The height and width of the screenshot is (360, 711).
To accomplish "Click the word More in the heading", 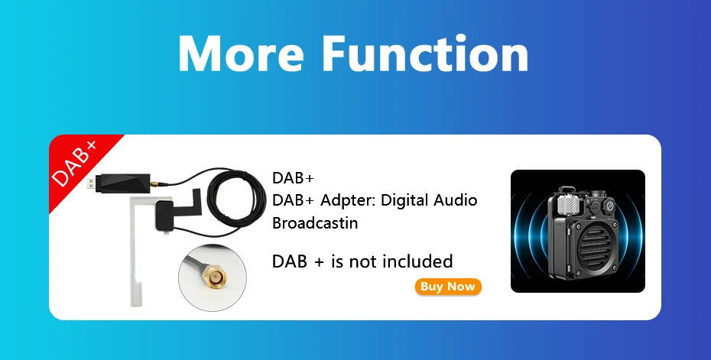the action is click(x=241, y=53).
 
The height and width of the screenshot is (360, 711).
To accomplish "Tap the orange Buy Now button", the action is click(x=448, y=287).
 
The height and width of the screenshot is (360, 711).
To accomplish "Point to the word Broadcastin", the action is click(x=315, y=222).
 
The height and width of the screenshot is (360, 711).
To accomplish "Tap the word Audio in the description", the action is click(x=455, y=200).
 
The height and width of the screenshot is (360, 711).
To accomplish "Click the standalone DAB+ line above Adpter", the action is click(x=293, y=178).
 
